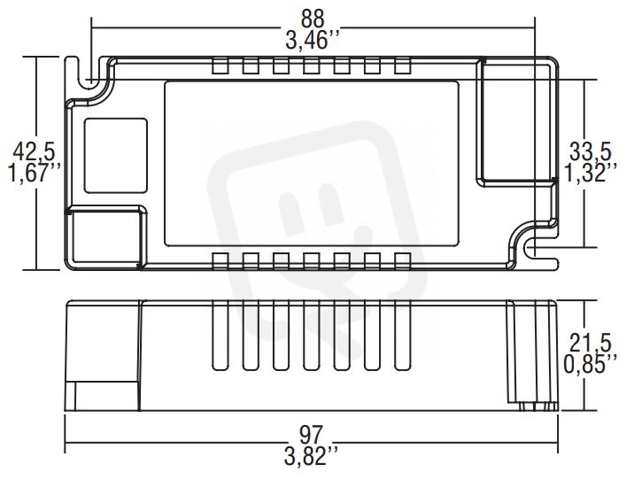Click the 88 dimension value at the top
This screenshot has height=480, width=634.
(313, 19)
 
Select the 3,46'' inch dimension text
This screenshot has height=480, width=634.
(312, 41)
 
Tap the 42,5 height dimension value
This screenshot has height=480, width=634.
(34, 152)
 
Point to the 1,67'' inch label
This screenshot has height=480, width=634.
(35, 174)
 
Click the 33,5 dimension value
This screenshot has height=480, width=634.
(590, 151)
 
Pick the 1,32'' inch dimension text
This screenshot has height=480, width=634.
(591, 174)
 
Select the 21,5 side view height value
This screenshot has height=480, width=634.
(590, 344)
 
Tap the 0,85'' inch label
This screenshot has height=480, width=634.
(591, 365)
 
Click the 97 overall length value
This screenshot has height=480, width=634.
(312, 436)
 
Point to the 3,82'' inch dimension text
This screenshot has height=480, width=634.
(311, 457)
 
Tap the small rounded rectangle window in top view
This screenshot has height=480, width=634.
(116, 155)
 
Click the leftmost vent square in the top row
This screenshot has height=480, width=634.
(220, 66)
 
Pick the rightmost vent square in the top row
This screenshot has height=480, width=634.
(403, 66)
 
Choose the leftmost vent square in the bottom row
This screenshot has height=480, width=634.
(220, 261)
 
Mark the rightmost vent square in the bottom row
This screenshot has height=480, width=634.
(403, 261)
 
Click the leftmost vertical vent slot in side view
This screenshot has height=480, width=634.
(220, 336)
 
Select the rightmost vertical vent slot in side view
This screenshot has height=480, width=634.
(403, 336)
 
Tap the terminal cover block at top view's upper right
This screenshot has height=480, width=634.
(516, 120)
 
